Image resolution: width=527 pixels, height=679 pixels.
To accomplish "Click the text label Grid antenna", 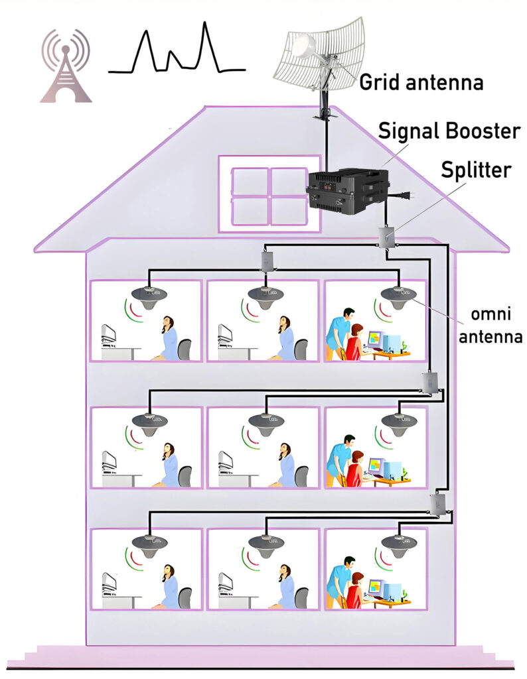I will click(421, 83).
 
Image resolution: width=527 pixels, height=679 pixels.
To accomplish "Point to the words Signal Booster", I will click(449, 131).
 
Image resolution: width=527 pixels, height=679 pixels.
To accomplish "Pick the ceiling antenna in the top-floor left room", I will click(148, 293).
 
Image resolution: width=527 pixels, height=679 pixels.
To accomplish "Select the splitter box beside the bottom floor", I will click(437, 505).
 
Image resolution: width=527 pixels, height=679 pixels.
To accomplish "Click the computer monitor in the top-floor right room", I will click(377, 340).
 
